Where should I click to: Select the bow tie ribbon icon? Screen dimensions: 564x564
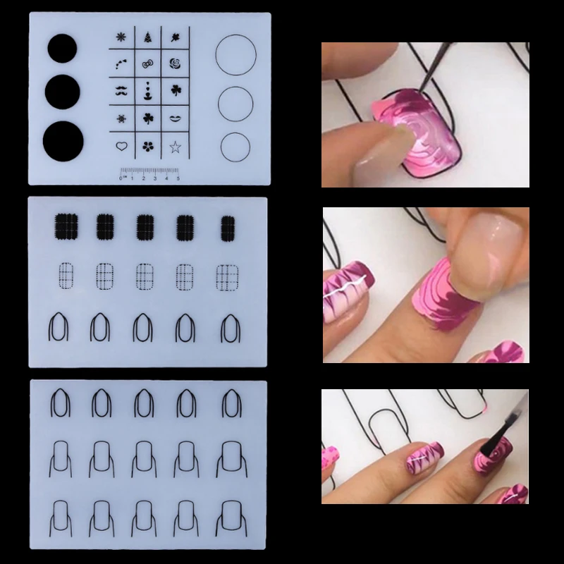147,66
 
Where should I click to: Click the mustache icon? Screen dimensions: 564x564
120,92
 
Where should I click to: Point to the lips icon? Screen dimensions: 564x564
175,118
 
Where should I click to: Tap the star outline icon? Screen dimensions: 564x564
175,147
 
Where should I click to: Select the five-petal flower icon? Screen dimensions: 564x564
147,147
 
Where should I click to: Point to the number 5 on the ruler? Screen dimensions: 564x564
178,180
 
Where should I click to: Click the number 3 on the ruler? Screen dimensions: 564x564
154,180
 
